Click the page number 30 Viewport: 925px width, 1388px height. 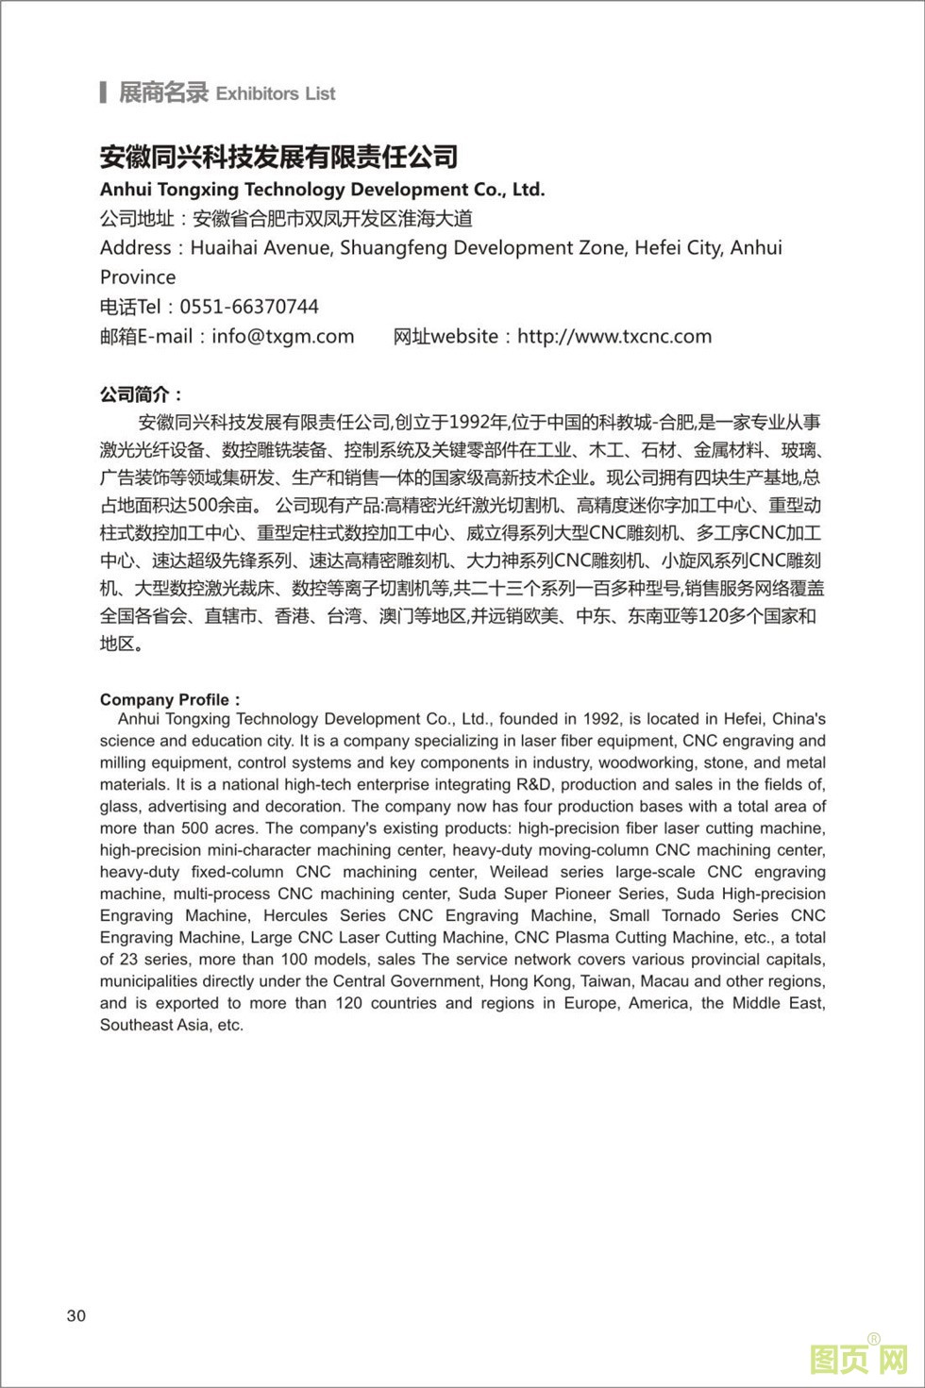[x=76, y=1316]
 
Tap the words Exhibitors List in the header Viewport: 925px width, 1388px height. [x=276, y=93]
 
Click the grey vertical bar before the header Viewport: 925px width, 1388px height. [x=102, y=92]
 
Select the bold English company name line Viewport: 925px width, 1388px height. [x=322, y=190]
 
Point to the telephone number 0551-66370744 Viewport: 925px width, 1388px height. [x=249, y=307]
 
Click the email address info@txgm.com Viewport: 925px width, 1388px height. [x=283, y=336]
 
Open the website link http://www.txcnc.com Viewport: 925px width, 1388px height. [x=614, y=336]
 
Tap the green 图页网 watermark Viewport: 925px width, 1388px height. [x=858, y=1360]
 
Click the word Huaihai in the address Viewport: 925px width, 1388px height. [x=227, y=248]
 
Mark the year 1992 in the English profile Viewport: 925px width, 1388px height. [x=601, y=719]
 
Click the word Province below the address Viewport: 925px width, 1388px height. [x=138, y=277]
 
